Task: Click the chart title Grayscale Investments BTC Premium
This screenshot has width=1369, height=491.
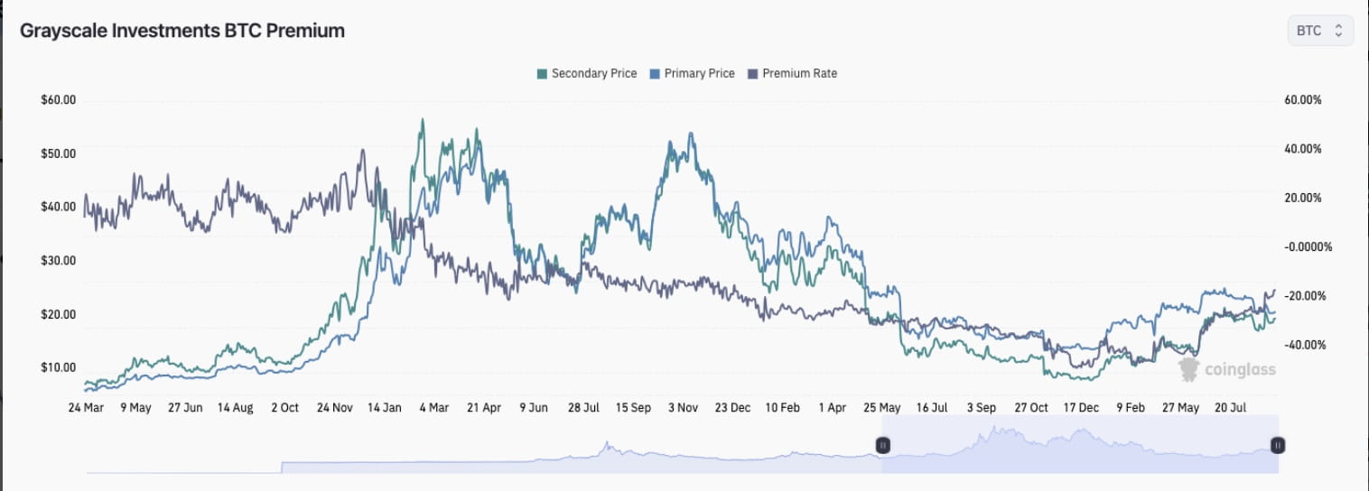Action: (182, 31)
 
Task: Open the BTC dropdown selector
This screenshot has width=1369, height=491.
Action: (1319, 31)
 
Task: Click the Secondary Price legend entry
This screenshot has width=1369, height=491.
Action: (587, 73)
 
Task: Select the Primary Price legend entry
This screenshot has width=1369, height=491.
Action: (692, 73)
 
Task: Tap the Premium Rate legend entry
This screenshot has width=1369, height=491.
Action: (792, 73)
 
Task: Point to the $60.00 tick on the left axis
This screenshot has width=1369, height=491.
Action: (59, 100)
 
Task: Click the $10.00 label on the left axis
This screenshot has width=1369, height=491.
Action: (59, 367)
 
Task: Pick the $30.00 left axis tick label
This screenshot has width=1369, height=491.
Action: (59, 261)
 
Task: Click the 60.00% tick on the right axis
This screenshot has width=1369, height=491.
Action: (1302, 100)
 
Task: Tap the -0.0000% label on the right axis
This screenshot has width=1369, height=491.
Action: (1308, 246)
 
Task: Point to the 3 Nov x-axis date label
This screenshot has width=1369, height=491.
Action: (683, 408)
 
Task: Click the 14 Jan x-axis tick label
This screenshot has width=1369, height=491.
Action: (385, 408)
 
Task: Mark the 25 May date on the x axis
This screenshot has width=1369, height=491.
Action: (882, 408)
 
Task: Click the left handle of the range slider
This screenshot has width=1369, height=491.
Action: (883, 445)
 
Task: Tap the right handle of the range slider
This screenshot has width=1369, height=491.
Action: (1278, 445)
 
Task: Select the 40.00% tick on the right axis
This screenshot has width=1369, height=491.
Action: (1302, 149)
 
